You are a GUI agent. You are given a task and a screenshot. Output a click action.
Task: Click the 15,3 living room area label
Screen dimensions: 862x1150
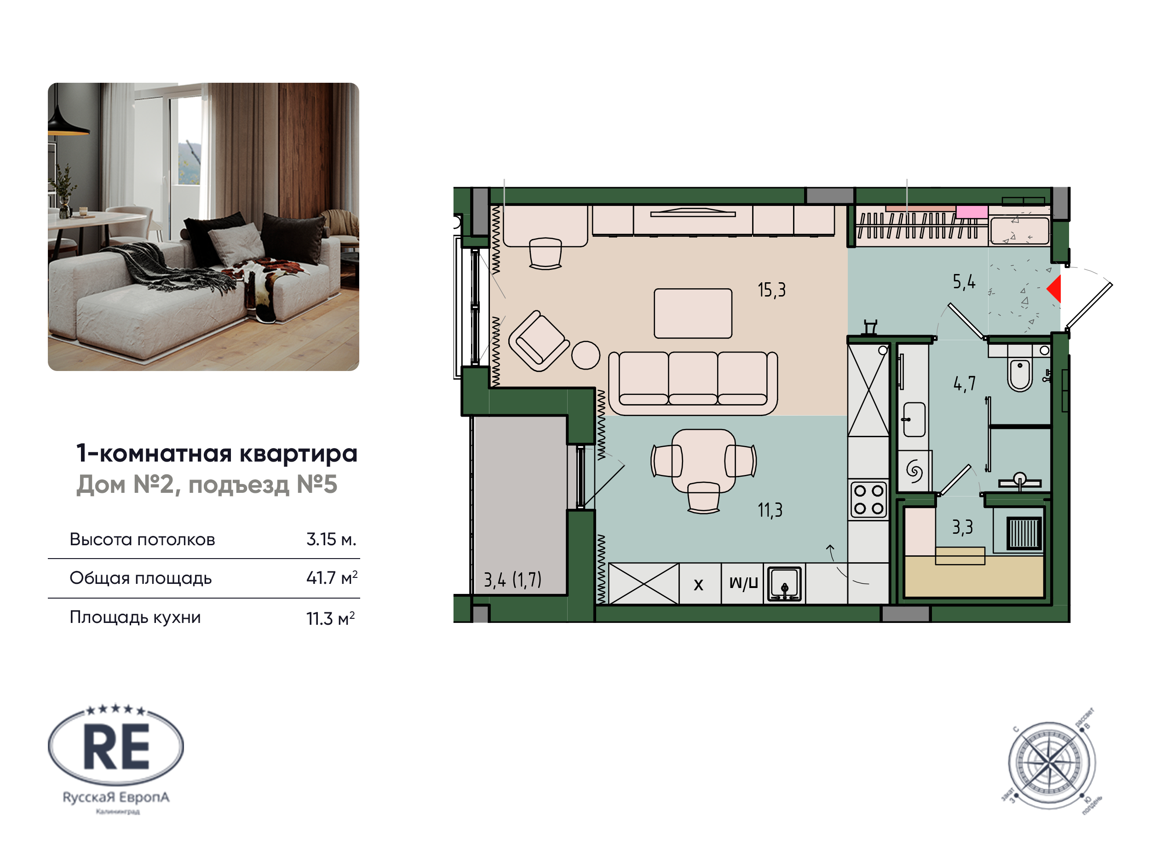tap(771, 290)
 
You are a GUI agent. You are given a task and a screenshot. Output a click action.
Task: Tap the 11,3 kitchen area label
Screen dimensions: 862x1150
tap(770, 510)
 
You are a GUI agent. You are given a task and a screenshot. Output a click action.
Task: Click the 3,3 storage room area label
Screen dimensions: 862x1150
tap(962, 527)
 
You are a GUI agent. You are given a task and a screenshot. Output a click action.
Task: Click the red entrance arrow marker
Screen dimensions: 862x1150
tap(1054, 289)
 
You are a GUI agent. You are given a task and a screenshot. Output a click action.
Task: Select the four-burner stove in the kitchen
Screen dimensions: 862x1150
tap(868, 500)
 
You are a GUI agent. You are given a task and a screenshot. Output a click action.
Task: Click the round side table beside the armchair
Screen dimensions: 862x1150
tap(586, 355)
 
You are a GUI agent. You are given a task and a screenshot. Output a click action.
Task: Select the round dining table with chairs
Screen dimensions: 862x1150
tap(703, 461)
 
